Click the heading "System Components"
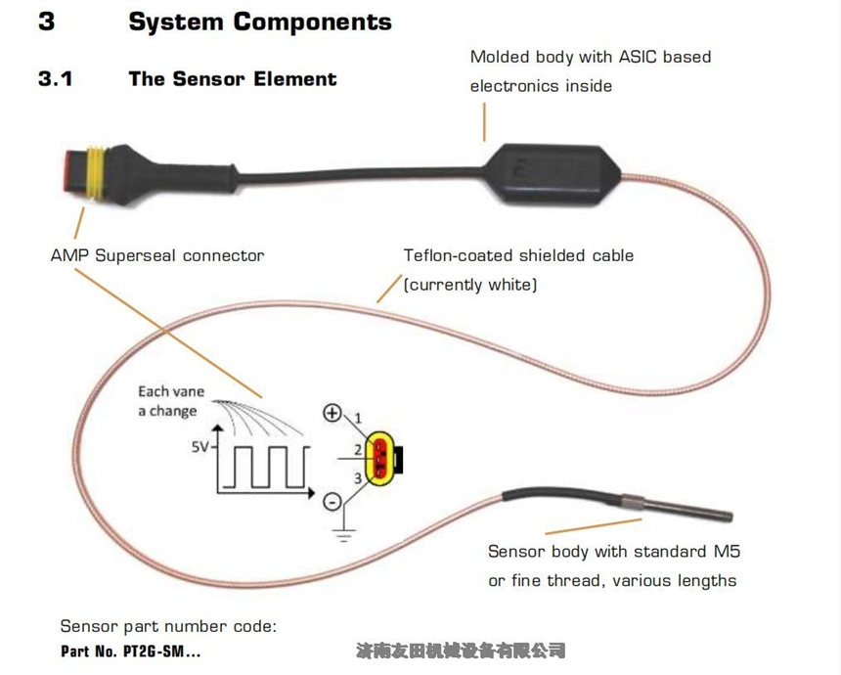point(259,22)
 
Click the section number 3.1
point(56,79)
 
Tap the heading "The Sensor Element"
point(232,79)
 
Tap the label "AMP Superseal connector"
point(157,255)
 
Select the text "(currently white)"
point(470,285)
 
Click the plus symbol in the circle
point(332,413)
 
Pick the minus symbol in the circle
point(332,502)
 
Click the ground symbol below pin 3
point(341,532)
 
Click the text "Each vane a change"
point(171,401)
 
